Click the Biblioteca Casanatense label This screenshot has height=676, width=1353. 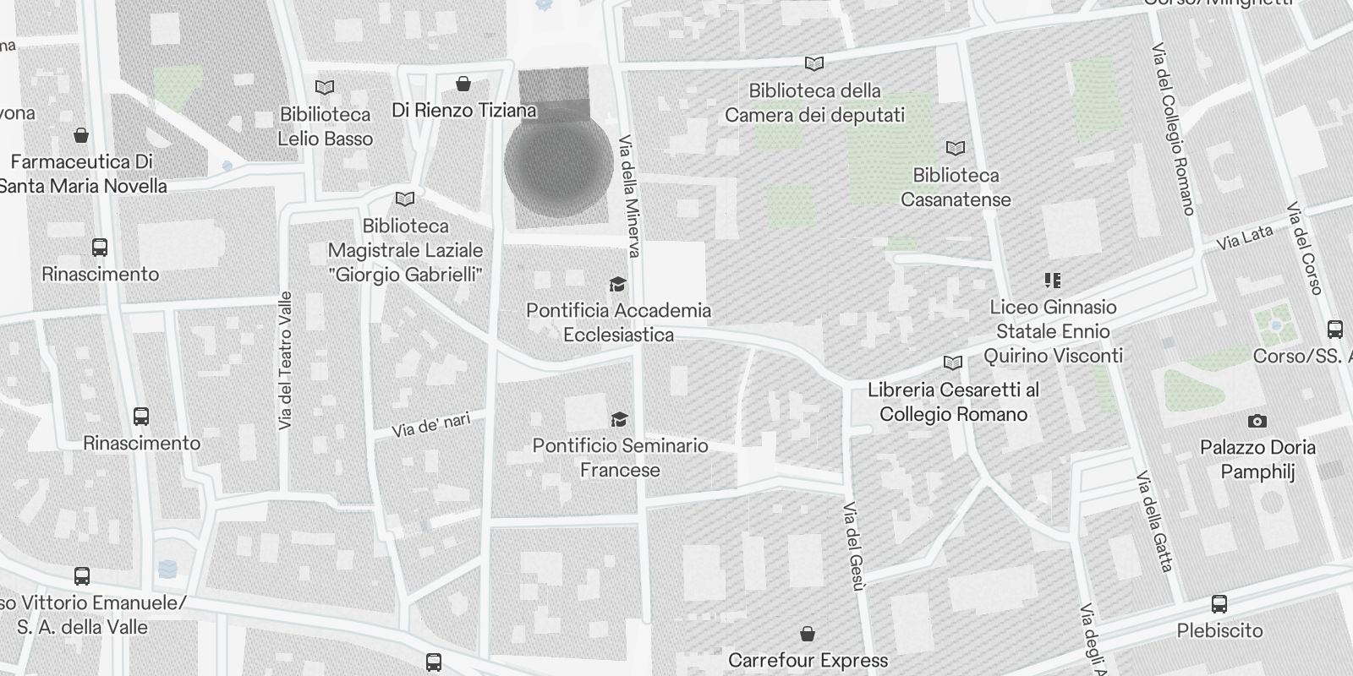click(x=956, y=188)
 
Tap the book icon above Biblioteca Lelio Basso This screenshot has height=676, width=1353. click(x=325, y=87)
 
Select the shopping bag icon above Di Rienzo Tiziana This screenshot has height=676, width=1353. click(x=463, y=84)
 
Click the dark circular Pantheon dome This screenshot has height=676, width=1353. click(x=558, y=165)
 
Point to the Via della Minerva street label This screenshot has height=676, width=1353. click(x=630, y=196)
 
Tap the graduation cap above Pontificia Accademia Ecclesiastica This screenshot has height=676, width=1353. click(x=619, y=284)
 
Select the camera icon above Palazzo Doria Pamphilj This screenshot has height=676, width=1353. click(x=1257, y=421)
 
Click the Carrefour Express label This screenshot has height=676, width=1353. click(x=808, y=660)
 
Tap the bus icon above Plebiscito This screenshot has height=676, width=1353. click(x=1219, y=604)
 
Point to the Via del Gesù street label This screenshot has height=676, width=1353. click(x=853, y=546)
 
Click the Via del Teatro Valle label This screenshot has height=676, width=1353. click(x=286, y=361)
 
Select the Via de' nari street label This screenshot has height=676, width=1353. click(x=431, y=424)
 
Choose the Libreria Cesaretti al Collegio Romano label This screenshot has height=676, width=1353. click(x=953, y=402)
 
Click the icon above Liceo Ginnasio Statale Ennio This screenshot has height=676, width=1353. click(x=1053, y=280)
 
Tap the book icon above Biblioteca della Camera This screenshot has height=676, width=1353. click(x=814, y=63)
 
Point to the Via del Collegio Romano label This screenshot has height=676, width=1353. click(x=1175, y=129)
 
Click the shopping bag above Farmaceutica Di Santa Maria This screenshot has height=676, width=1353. click(x=82, y=135)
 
